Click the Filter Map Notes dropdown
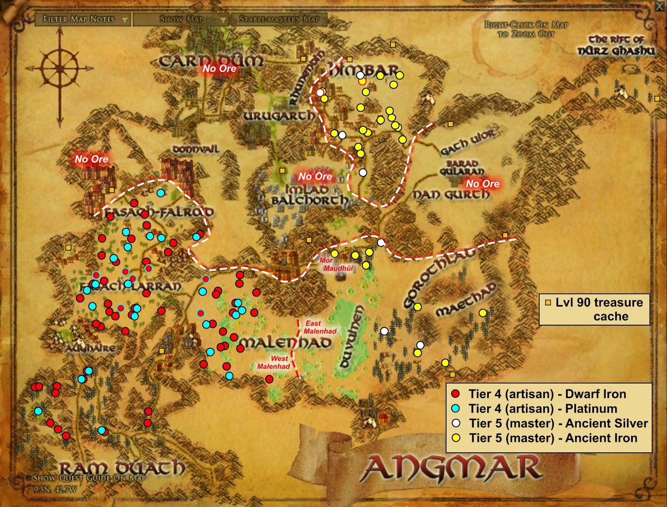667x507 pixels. [83, 19]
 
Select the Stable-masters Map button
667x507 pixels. [279, 19]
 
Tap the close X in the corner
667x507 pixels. [659, 6]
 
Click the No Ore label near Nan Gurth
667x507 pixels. [482, 183]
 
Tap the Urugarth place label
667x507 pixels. [279, 115]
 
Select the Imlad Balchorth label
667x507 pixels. [308, 195]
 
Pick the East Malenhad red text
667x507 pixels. [319, 327]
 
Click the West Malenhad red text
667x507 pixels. [274, 362]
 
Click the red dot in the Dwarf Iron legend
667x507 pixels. [456, 394]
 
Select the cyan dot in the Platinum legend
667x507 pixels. [456, 409]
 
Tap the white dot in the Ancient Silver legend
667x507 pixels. [456, 423]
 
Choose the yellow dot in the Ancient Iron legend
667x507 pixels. [456, 438]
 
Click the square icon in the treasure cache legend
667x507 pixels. [548, 303]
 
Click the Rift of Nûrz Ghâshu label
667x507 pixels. [616, 45]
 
